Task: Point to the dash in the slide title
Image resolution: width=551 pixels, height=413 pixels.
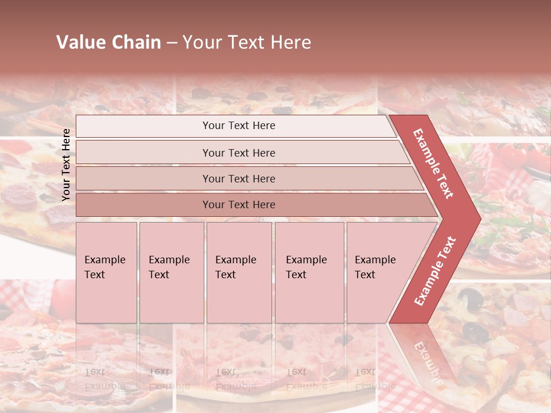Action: (x=172, y=43)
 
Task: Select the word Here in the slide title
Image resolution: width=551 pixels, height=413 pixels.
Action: (x=290, y=42)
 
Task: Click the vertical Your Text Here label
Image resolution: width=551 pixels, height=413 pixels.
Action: (x=66, y=165)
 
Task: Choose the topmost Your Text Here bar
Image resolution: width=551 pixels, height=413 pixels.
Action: (x=238, y=126)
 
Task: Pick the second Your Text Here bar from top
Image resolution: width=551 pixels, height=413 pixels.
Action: (x=238, y=153)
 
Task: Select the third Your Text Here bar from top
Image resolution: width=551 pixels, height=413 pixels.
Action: (x=238, y=179)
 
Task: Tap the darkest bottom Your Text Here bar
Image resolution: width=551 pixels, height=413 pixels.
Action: (x=238, y=205)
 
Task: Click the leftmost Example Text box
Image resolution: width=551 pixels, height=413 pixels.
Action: (x=106, y=272)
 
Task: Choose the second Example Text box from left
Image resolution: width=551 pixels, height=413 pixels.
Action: (x=171, y=272)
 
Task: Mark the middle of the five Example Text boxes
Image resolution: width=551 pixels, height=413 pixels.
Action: (x=239, y=272)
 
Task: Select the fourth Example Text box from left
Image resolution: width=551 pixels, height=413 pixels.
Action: (x=309, y=272)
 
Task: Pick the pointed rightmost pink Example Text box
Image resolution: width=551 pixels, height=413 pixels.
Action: (x=379, y=272)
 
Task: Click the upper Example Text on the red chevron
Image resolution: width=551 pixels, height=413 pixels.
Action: (x=433, y=163)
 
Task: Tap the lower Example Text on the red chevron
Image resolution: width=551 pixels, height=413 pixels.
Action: (x=435, y=271)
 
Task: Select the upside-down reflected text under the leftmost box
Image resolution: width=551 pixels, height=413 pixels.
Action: (x=105, y=379)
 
